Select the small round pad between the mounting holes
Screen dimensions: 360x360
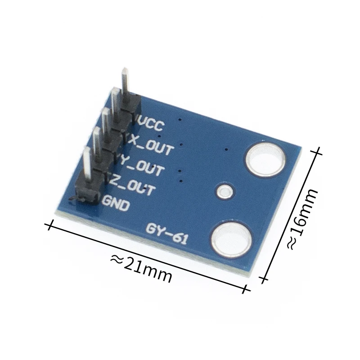[x=224, y=192]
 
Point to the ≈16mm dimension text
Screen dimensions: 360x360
[x=303, y=219]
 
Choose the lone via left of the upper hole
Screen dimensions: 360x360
[x=226, y=149]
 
